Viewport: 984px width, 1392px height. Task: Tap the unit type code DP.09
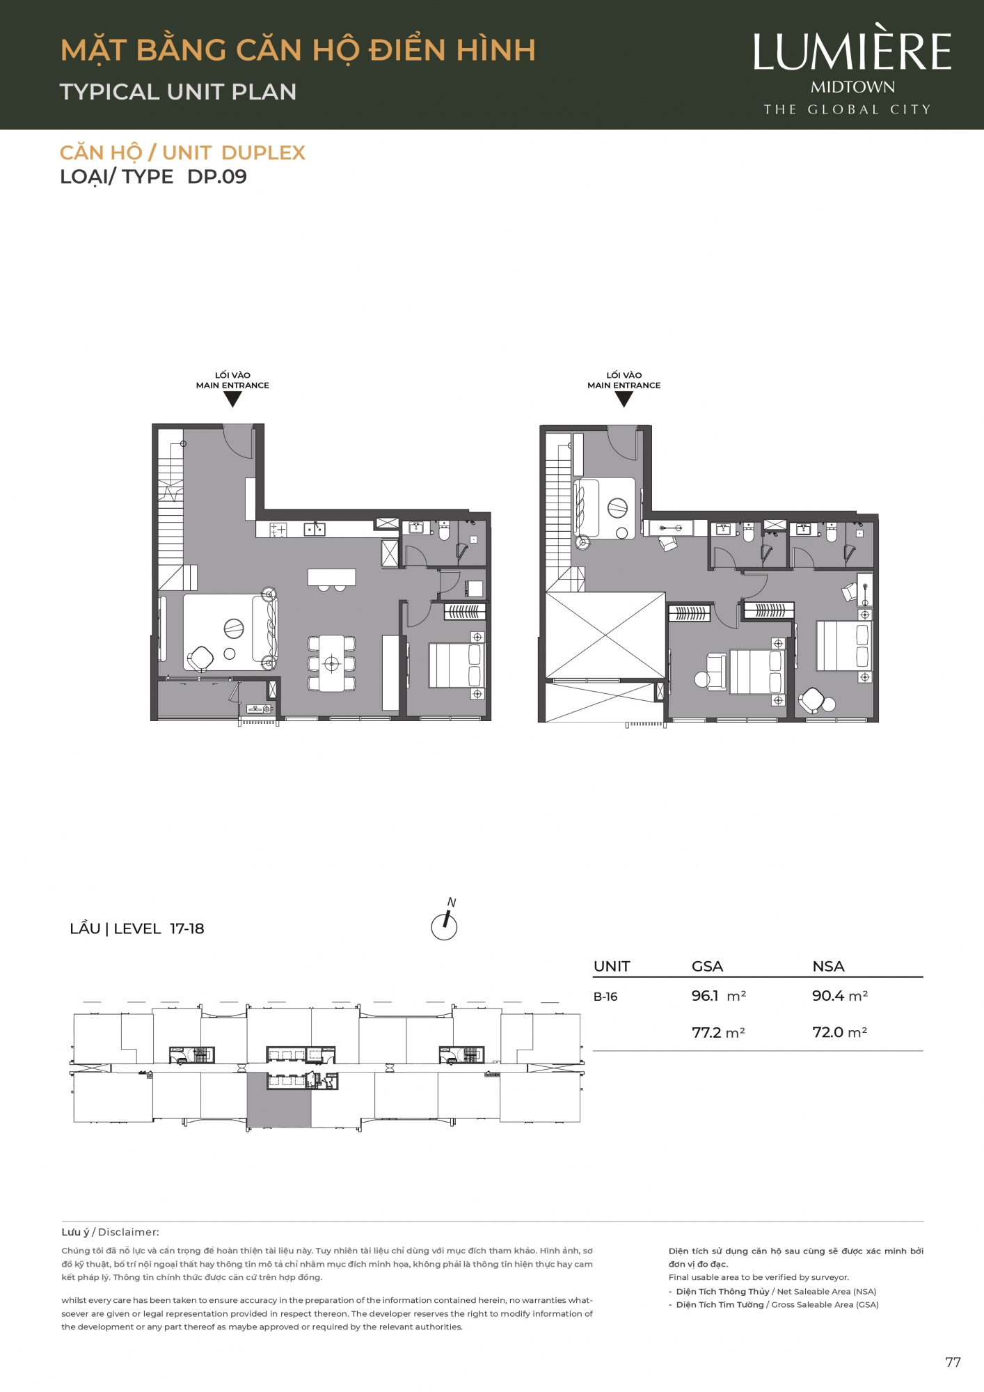click(217, 177)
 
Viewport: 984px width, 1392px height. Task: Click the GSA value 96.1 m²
click(718, 996)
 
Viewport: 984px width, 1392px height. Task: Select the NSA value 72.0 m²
click(839, 1032)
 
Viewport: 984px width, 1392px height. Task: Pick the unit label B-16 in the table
click(605, 997)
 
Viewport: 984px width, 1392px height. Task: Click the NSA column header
click(828, 966)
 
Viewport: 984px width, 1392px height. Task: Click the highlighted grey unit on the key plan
click(279, 1100)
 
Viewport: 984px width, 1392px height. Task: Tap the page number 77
click(953, 1362)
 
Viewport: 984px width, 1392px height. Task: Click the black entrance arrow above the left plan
click(232, 399)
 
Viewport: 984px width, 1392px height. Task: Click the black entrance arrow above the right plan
click(624, 399)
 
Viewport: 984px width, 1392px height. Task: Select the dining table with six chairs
click(331, 663)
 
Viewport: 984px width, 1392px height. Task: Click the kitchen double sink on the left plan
click(315, 530)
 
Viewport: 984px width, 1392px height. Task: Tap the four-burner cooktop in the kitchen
click(278, 530)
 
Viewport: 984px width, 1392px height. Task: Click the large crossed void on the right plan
click(605, 635)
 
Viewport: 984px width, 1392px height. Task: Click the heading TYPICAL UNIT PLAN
click(178, 92)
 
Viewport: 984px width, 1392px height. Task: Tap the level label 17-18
click(187, 928)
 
